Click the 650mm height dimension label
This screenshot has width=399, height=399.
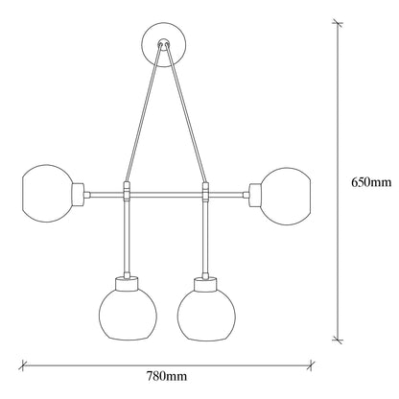(371, 182)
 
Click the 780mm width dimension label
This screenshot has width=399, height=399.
(167, 376)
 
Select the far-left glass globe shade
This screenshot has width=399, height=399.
(47, 193)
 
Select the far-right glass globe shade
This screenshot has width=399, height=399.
(286, 196)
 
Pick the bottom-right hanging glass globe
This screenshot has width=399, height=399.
(206, 314)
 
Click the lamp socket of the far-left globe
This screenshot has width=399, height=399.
(78, 194)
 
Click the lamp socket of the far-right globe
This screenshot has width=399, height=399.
(255, 195)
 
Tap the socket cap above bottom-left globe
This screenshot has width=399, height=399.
(127, 284)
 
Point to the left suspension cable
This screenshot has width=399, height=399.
(142, 113)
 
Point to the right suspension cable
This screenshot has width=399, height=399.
(187, 113)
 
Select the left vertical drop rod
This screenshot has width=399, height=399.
(127, 237)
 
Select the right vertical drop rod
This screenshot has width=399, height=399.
(205, 237)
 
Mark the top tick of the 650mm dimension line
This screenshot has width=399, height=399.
(338, 23)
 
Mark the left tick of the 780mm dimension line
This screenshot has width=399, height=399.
(22, 364)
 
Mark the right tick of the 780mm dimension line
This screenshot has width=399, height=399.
(310, 364)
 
